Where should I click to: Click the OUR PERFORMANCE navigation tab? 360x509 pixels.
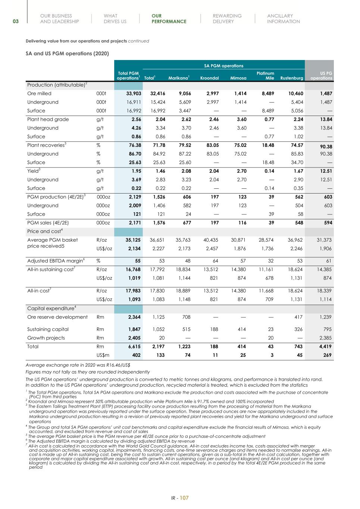coord(169,19)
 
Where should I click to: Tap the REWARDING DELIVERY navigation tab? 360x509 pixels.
coord(227,19)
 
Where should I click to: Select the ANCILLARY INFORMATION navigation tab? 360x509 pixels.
coord(283,19)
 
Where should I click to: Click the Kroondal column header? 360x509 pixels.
coord(209,78)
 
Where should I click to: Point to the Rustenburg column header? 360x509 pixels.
coord(292,78)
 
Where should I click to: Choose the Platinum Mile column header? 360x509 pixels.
coord(265,76)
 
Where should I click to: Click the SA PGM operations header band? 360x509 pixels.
coord(223,66)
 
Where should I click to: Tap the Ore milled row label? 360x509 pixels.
coord(39,94)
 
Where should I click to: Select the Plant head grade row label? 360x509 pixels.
coord(48,119)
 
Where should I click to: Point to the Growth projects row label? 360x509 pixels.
coord(46,338)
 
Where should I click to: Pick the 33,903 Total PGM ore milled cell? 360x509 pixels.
coord(134,94)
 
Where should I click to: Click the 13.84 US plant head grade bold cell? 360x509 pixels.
coord(325,119)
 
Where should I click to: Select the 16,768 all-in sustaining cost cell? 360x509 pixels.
coord(133,270)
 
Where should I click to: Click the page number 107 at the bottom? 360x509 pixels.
coord(184,498)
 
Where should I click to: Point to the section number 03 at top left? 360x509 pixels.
coord(16,21)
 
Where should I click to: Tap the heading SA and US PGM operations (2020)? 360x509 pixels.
coord(67,54)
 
